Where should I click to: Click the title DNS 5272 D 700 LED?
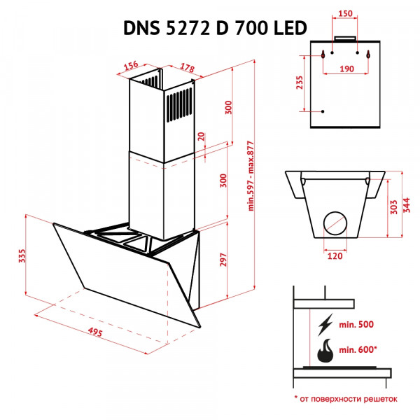coord(214,29)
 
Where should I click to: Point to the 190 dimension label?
coord(346,69)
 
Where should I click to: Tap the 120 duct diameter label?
coord(336,257)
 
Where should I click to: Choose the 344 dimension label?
coord(407,206)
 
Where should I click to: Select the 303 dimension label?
coord(393,206)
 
